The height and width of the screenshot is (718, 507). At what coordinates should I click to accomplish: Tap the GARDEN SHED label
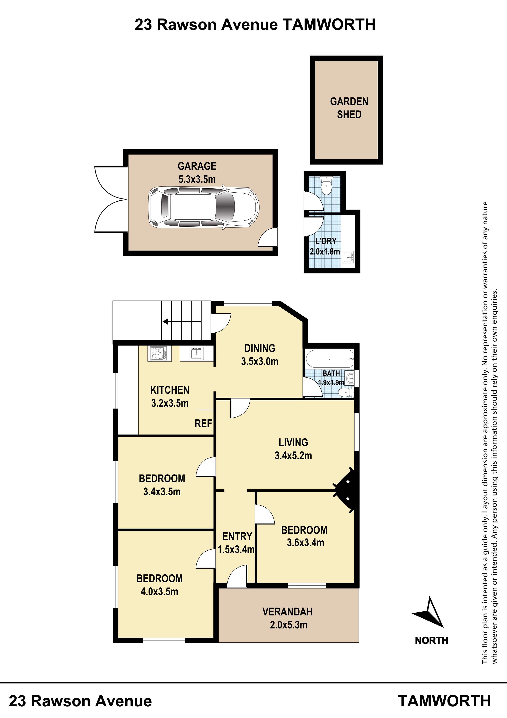(x=349, y=108)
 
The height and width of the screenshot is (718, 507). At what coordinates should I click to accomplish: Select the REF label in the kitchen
(x=203, y=424)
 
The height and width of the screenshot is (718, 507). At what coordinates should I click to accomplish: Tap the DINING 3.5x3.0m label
(x=260, y=355)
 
